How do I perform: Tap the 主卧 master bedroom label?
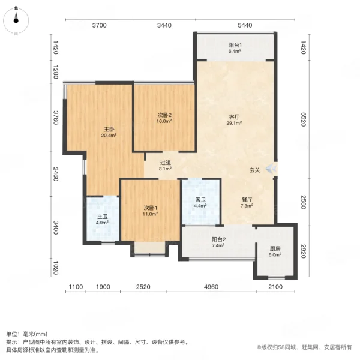point(109,130)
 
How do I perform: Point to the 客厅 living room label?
point(235,118)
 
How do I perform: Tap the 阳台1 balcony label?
point(235,46)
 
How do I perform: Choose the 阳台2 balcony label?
point(218,240)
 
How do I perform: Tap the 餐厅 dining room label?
point(247,202)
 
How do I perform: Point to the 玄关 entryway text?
point(255,170)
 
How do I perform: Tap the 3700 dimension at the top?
point(99,25)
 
